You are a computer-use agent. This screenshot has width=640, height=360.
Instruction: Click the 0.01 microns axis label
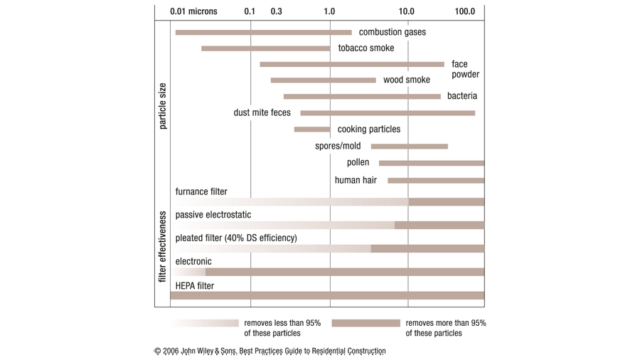[x=193, y=11]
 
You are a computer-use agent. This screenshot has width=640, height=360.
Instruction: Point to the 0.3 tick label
[x=277, y=11]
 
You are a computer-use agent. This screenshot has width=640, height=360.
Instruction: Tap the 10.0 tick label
[x=407, y=11]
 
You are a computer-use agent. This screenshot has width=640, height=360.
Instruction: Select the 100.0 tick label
[x=465, y=11]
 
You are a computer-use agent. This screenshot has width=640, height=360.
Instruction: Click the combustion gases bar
[x=263, y=32]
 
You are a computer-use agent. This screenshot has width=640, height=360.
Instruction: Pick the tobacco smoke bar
[x=265, y=48]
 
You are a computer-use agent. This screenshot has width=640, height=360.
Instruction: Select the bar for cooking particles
[x=312, y=129]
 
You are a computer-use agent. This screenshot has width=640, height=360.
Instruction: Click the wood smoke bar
[x=323, y=80]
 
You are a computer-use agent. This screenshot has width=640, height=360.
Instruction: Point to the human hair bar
[x=436, y=181]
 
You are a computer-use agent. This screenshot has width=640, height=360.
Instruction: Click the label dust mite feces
[x=262, y=112]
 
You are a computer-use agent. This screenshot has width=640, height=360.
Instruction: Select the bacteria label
[x=462, y=96]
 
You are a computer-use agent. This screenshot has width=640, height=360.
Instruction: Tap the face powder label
[x=465, y=69]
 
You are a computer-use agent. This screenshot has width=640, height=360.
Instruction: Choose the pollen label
[x=358, y=163]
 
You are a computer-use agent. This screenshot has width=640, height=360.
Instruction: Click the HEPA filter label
[x=195, y=286]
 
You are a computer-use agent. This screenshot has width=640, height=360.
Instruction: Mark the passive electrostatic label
[x=213, y=215]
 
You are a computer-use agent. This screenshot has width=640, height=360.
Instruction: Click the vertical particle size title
[x=162, y=106]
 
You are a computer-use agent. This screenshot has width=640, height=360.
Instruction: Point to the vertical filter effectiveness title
[x=162, y=246]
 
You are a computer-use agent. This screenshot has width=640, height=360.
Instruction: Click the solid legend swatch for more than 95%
[x=366, y=323]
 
